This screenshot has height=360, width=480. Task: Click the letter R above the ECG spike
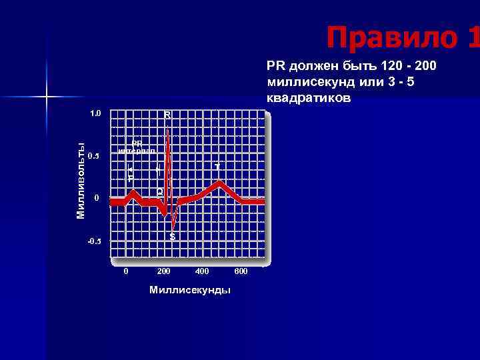[x=167, y=115]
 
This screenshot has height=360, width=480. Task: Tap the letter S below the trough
[x=173, y=237]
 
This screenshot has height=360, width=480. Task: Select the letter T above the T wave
[x=217, y=166]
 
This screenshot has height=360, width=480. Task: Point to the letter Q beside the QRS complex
[x=160, y=192]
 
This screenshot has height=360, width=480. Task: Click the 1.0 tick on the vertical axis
[x=95, y=113]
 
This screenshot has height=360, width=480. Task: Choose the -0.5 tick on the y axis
[x=93, y=241]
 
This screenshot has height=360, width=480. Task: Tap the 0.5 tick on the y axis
[x=93, y=157]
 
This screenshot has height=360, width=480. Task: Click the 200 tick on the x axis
[x=163, y=271]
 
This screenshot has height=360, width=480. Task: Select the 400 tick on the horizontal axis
[x=202, y=271]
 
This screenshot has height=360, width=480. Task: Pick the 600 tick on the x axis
[x=241, y=271]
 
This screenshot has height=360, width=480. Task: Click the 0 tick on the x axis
[x=126, y=271]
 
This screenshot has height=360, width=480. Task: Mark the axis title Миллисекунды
[x=190, y=290]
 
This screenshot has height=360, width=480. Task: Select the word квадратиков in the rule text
[x=308, y=97]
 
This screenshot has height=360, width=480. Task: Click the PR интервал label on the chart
[x=137, y=147]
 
